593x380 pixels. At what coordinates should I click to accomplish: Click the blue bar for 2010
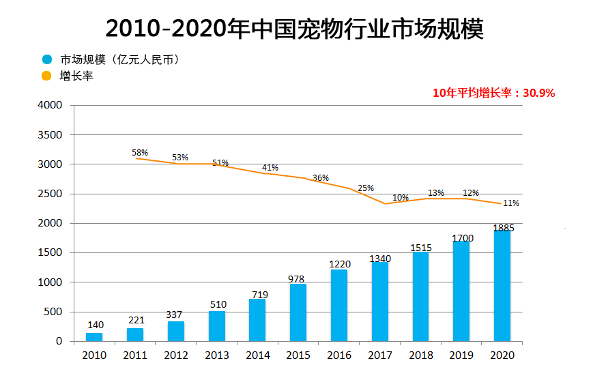[94, 337]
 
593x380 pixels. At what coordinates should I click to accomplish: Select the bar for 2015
[298, 312]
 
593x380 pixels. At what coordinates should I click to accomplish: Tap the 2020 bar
[502, 286]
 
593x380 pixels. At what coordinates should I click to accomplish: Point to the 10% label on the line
[401, 198]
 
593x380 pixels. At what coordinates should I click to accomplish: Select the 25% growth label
[366, 188]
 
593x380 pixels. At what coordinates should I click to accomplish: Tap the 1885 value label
[503, 228]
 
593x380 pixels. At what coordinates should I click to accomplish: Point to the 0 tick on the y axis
[59, 341]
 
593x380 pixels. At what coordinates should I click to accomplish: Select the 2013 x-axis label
[217, 355]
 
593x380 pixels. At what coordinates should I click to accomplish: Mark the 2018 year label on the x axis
[421, 355]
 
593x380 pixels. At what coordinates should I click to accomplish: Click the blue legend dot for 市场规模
[46, 60]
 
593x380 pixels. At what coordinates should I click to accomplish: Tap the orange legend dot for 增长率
[46, 76]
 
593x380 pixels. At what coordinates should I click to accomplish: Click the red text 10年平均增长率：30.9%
[493, 93]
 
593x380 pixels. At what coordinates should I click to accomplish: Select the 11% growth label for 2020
[511, 203]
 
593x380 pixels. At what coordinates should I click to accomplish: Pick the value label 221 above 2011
[135, 319]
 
